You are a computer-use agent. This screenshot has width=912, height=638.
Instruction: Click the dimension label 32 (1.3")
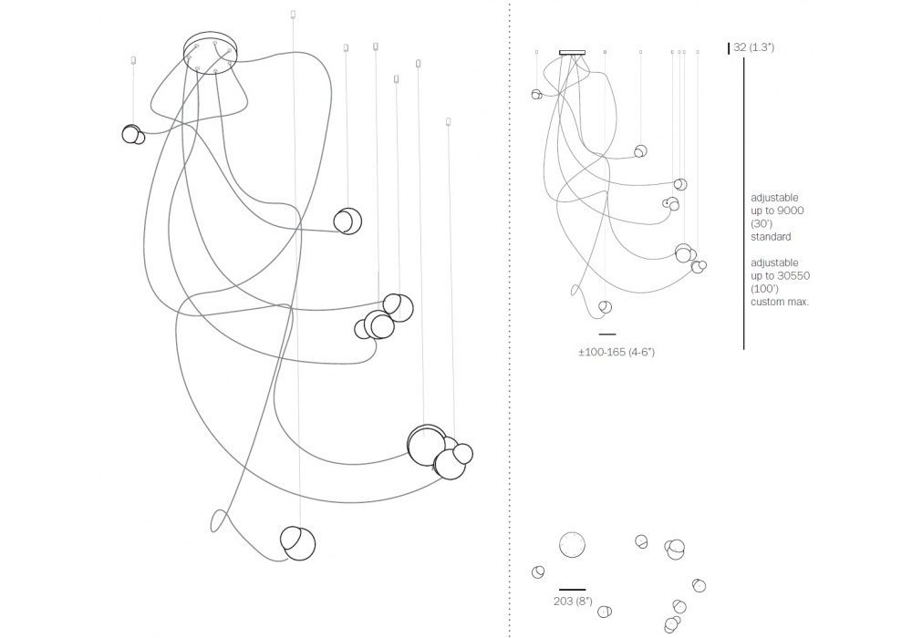click(754, 47)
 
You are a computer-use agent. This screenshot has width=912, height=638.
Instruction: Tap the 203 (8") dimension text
click(573, 602)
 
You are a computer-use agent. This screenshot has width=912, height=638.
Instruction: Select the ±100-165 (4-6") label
click(616, 352)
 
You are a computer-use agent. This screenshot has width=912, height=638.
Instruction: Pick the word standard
click(771, 237)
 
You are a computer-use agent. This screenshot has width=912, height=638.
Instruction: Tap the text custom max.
click(780, 302)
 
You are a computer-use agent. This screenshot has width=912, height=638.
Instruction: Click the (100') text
click(763, 289)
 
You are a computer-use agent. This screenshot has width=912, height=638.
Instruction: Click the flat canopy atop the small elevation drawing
click(572, 52)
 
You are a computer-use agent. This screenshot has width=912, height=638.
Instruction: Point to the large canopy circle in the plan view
click(572, 545)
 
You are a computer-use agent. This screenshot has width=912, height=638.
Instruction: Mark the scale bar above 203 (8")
click(572, 590)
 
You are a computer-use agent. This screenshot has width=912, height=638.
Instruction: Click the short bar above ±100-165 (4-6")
click(606, 334)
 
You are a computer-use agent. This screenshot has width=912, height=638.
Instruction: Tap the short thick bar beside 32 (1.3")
click(729, 47)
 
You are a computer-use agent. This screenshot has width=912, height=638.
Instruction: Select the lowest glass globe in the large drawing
click(297, 543)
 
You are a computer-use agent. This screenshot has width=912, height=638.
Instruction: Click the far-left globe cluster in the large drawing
click(133, 135)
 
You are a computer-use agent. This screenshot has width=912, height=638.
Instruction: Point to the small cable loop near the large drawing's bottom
click(219, 520)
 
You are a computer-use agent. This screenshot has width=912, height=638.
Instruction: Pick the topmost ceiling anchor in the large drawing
click(293, 14)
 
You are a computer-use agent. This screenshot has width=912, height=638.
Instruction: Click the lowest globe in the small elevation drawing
click(605, 307)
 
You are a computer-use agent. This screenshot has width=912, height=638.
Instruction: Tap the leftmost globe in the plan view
click(538, 572)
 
